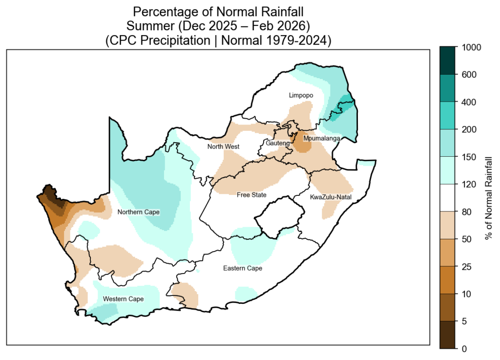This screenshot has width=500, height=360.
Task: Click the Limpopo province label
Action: pyautogui.click(x=300, y=95)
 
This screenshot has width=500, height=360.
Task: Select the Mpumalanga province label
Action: pyautogui.click(x=321, y=139)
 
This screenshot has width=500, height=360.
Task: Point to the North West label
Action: pyautogui.click(x=223, y=147)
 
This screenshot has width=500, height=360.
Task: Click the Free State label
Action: pyautogui.click(x=251, y=195)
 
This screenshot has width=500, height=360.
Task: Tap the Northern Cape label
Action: pyautogui.click(x=139, y=212)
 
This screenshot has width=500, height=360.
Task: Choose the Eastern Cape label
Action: pyautogui.click(x=243, y=268)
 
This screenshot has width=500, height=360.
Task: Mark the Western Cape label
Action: pyautogui.click(x=123, y=299)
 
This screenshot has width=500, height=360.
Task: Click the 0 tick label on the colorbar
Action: pyautogui.click(x=464, y=348)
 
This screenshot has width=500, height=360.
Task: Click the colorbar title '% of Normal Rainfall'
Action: pyautogui.click(x=488, y=198)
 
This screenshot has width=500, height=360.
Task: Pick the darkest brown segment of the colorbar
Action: pyautogui.click(x=447, y=335)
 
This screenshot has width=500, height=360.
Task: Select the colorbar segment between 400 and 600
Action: pyautogui.click(x=447, y=88)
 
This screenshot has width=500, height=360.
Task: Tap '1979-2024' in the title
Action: pyautogui.click(x=296, y=41)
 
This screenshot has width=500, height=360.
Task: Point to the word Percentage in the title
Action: pyautogui.click(x=161, y=11)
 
